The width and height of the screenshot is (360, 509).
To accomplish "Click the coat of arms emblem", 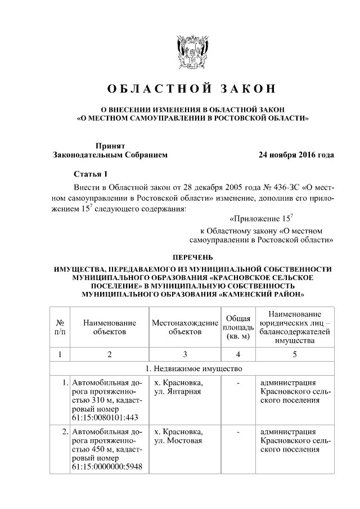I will pos(192,53).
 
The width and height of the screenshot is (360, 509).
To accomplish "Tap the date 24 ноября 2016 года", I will pos(296,155).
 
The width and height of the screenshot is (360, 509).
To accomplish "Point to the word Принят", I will pos(110,145).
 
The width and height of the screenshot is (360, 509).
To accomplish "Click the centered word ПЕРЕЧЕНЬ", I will pos(192,256).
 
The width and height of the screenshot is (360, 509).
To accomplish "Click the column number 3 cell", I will pos(184,354).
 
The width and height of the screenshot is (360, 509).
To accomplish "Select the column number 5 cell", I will pos(295,354).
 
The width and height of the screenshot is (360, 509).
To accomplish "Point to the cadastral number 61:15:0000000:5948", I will pos(107,466).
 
